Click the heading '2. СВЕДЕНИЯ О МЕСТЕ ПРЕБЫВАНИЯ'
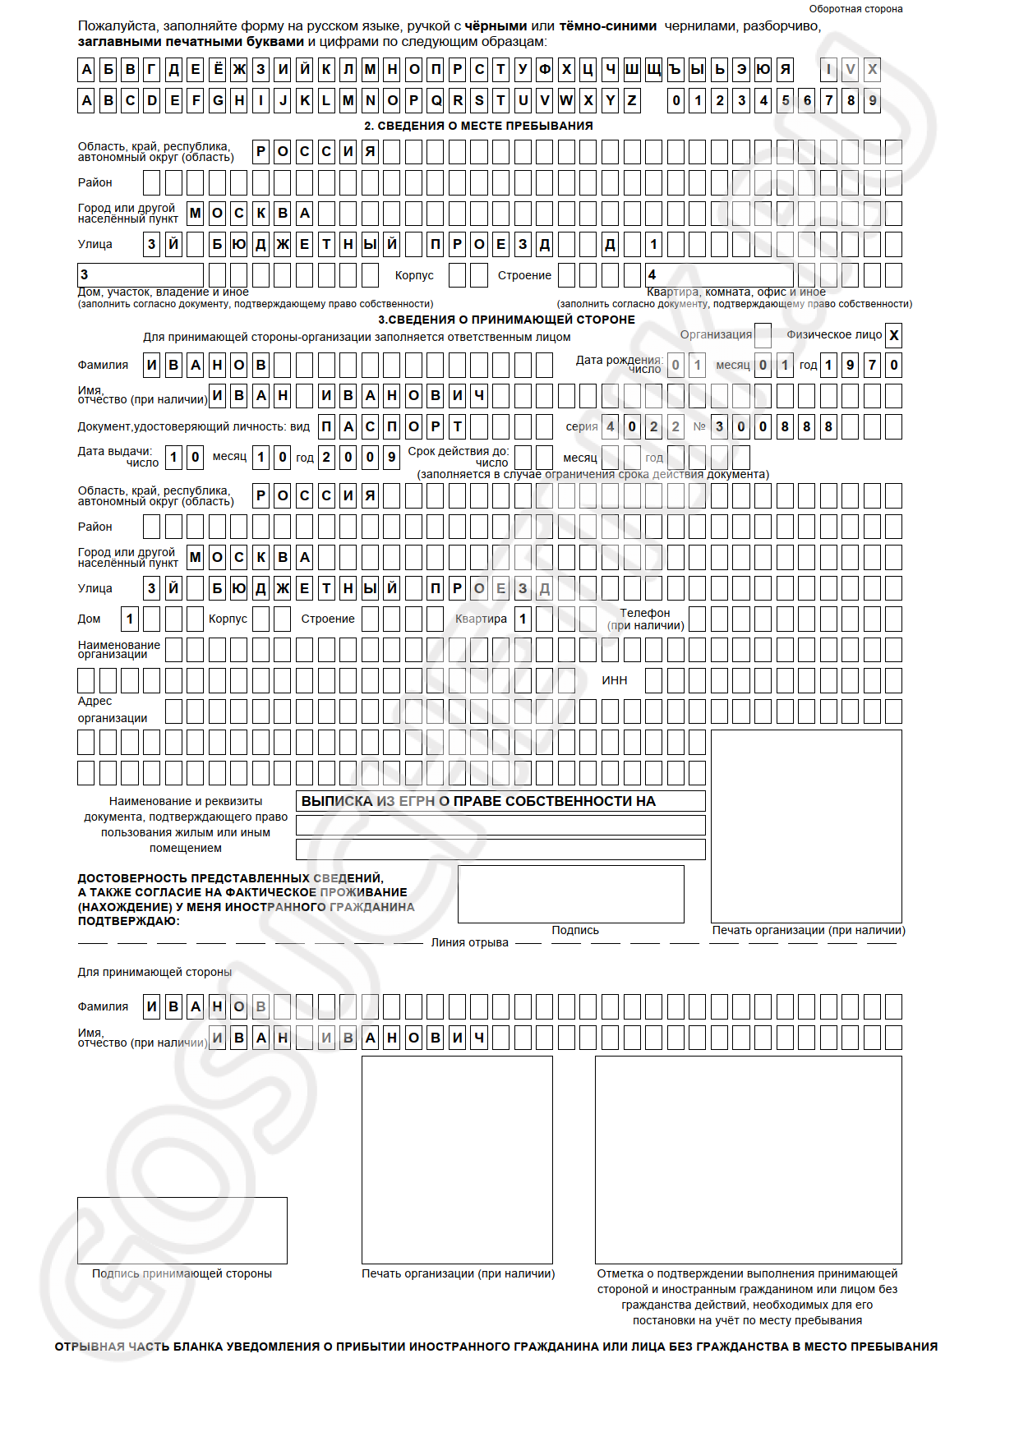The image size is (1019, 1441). coord(478,126)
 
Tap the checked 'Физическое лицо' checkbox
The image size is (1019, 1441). coord(894,335)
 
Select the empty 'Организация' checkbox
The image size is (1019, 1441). coord(763,335)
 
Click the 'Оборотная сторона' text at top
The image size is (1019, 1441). coord(855,9)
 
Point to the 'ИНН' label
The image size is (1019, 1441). coord(614,680)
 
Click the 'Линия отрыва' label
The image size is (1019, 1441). coord(469,942)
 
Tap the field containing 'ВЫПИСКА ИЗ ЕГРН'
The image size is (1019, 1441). coord(500,801)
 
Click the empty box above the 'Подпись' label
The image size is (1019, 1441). coord(570,894)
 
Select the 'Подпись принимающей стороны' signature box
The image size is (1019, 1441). coord(182,1230)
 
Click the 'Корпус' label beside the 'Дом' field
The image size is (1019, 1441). coord(228,619)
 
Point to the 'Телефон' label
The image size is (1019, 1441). coord(645,613)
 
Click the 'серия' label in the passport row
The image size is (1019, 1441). coord(582,426)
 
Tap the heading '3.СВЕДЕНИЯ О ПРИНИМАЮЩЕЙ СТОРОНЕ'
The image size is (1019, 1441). coord(506,320)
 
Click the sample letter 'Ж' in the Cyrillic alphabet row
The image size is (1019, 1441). coord(239,70)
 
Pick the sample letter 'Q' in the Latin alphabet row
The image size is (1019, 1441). coord(436,101)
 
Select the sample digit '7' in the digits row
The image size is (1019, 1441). coord(829,101)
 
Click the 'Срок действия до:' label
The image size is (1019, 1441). coord(458,451)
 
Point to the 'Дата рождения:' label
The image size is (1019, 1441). coord(619,360)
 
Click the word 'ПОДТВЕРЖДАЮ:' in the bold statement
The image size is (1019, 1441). coord(129,921)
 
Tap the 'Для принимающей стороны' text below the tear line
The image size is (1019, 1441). coord(154,972)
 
